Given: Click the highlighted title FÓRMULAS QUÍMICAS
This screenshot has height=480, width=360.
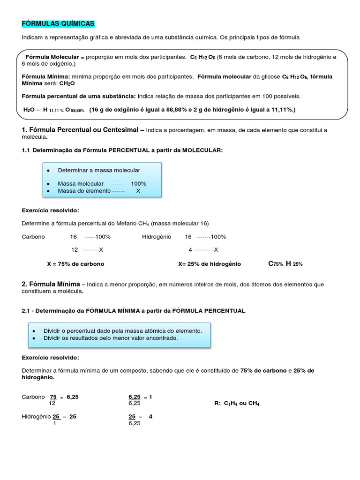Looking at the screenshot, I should click(58, 23).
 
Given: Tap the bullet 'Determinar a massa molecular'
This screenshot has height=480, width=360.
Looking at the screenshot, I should click(98, 170).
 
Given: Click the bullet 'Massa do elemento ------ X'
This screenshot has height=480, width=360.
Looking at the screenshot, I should click(98, 191).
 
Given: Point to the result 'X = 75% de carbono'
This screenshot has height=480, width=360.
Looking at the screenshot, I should click(75, 264).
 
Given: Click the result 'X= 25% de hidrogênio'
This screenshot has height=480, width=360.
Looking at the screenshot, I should click(210, 264).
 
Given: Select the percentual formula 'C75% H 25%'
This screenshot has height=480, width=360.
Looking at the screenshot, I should click(285, 264).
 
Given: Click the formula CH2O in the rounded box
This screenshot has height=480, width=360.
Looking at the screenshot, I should click(67, 83).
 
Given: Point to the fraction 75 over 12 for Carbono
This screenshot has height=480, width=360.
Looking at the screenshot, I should click(52, 400).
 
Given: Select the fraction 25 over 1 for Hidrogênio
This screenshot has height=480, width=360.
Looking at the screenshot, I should click(55, 420).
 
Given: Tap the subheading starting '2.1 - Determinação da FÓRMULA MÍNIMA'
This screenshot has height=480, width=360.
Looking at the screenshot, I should click(133, 310).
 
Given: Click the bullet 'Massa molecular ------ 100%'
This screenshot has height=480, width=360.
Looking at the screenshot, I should click(102, 184).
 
